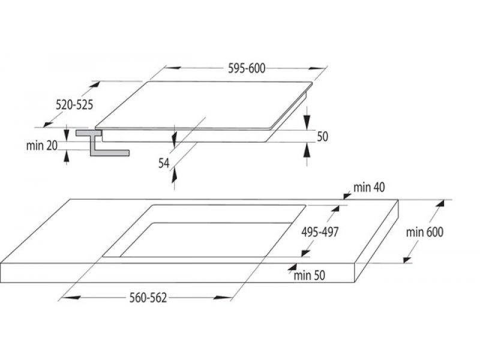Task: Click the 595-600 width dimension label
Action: point(247,68)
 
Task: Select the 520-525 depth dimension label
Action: point(74,105)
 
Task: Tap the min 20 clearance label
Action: point(41,146)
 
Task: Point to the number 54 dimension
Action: point(164,163)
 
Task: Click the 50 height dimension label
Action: point(322,137)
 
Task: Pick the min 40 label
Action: point(369,187)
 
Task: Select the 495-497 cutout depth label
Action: point(320,232)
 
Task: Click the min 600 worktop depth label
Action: point(425,232)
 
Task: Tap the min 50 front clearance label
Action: point(309,275)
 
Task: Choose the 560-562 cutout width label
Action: point(148,298)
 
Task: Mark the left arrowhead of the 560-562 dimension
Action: point(71,297)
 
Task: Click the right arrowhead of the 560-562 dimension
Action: point(223,297)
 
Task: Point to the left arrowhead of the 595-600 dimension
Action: point(173,68)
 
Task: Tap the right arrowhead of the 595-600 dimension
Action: point(316,68)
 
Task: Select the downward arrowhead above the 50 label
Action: point(307,122)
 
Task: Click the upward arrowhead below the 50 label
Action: point(307,151)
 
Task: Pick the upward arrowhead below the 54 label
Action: point(174,175)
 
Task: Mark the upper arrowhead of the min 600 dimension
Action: point(440,205)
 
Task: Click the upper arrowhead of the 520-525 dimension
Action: point(95,85)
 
